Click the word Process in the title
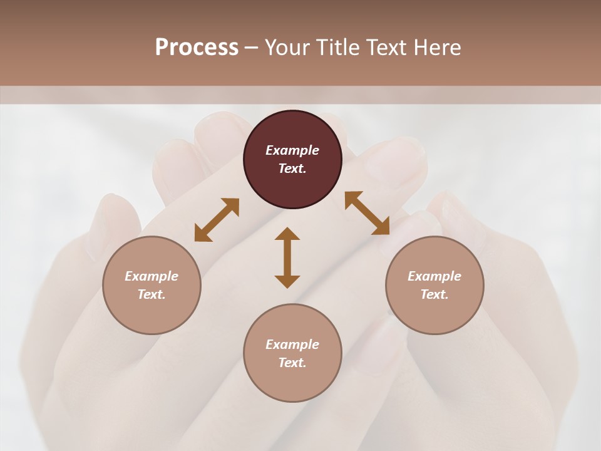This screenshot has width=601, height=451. pyautogui.click(x=197, y=48)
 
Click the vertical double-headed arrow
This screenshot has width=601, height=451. pyautogui.click(x=287, y=257)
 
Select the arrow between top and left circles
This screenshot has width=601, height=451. pyautogui.click(x=217, y=220)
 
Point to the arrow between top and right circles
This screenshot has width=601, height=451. pyautogui.click(x=367, y=213)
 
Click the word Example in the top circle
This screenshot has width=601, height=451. pyautogui.click(x=292, y=150)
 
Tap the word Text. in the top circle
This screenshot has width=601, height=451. pyautogui.click(x=292, y=168)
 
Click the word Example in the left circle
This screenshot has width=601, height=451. pyautogui.click(x=152, y=276)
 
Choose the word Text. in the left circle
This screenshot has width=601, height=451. pyautogui.click(x=152, y=294)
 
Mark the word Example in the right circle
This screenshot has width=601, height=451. pyautogui.click(x=434, y=276)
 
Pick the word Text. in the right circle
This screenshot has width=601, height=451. pyautogui.click(x=434, y=294)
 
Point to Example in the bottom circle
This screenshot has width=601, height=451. pyautogui.click(x=292, y=345)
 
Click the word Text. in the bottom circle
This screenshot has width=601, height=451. pyautogui.click(x=292, y=363)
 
